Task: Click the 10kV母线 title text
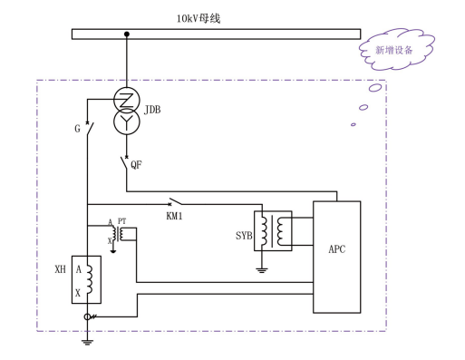(x=199, y=19)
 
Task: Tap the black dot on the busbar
(x=127, y=34)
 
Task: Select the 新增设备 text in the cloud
(x=394, y=50)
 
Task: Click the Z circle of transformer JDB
(x=127, y=100)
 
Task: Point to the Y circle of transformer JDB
(x=127, y=122)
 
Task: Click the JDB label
(x=152, y=110)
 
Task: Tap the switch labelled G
(x=90, y=129)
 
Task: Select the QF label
(x=136, y=165)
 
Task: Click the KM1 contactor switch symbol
(x=175, y=201)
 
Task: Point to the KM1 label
(x=174, y=216)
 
